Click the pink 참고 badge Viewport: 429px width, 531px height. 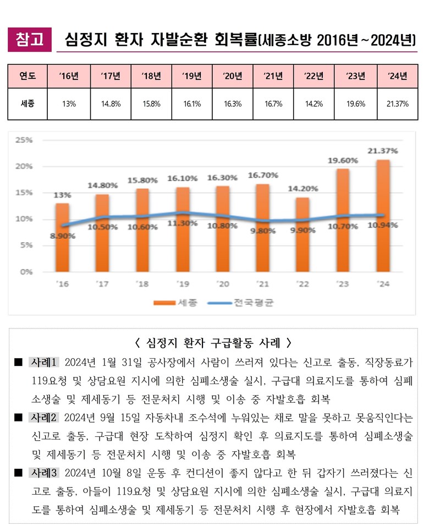click(30, 40)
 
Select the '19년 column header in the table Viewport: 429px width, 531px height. click(191, 76)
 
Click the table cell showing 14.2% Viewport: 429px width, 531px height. click(314, 103)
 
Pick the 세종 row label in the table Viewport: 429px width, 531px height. click(28, 103)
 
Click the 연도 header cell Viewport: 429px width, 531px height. click(28, 76)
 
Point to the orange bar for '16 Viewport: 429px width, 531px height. click(63, 237)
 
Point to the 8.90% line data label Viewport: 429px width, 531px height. click(62, 236)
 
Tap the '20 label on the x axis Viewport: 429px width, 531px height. click(223, 284)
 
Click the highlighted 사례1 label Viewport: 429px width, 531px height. click(43, 363)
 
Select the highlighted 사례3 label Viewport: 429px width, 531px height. click(43, 473)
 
